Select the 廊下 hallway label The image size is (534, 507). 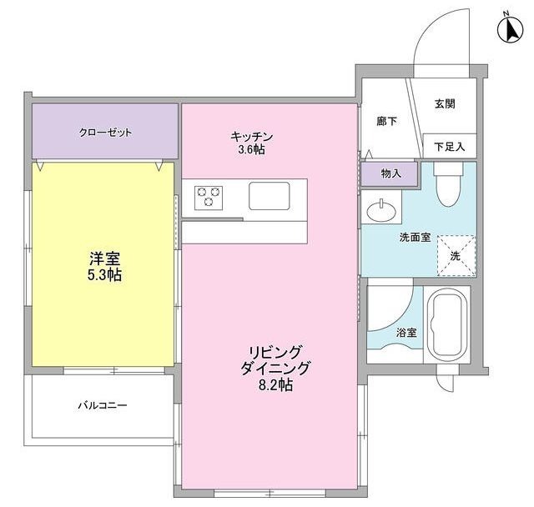click(x=386, y=121)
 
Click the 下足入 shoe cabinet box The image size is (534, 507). click(x=450, y=146)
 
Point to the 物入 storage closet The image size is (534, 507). click(x=390, y=173)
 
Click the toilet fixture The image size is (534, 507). click(x=447, y=185)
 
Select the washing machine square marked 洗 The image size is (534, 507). click(x=455, y=255)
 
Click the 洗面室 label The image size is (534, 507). click(x=414, y=237)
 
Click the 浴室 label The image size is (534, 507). click(x=407, y=332)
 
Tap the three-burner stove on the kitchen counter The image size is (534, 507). click(x=209, y=197)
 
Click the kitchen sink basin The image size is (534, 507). click(x=269, y=198)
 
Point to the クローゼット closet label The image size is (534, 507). click(x=106, y=132)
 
